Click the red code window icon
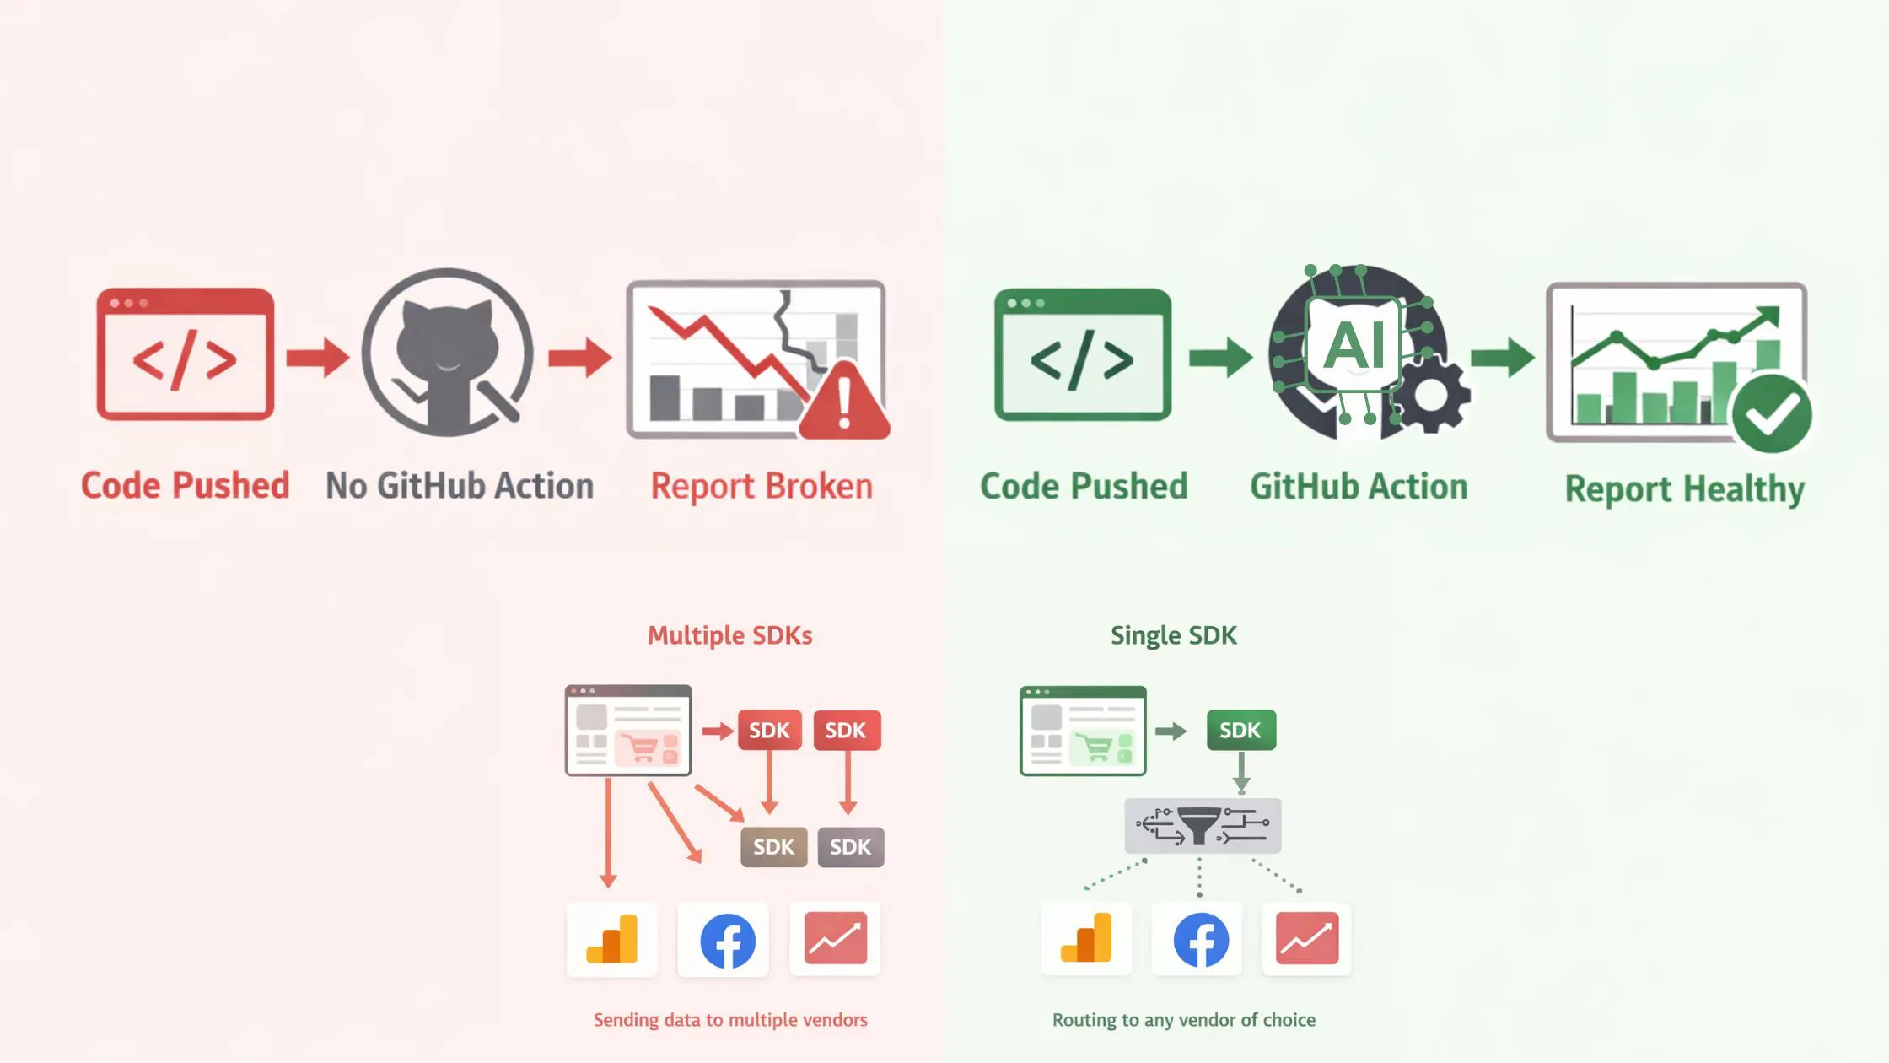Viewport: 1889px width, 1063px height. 185,354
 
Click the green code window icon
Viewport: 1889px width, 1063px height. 1082,354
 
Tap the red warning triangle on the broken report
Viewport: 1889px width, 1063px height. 844,404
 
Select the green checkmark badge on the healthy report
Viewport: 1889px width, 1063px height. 1771,414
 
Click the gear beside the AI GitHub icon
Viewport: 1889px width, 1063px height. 1431,394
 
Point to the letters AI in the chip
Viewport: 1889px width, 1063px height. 1354,345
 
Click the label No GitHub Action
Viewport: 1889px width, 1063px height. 460,486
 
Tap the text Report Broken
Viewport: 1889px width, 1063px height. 762,487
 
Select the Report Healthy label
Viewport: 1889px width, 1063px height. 1684,488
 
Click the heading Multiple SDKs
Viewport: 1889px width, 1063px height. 729,635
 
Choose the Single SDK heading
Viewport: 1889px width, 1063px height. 1173,635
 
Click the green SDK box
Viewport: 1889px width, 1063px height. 1240,730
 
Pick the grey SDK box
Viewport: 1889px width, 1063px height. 850,847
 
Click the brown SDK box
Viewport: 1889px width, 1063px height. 773,847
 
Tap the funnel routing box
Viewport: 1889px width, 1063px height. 1203,826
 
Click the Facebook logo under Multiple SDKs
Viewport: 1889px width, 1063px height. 727,940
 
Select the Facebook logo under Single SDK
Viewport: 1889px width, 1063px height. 1200,940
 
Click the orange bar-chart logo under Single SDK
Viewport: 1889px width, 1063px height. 1086,939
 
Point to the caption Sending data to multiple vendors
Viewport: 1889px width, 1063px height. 730,1020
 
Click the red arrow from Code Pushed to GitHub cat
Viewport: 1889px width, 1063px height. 317,357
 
